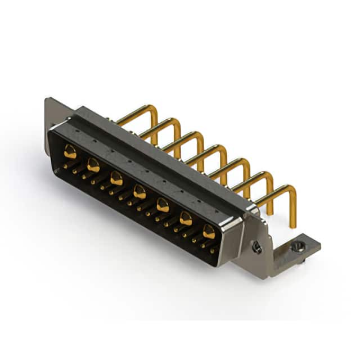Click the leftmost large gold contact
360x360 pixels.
70,151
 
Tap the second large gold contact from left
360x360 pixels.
93,165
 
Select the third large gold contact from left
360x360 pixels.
116,179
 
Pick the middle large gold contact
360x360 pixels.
139,192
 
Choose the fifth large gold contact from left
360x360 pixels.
163,205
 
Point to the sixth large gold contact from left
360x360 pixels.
186,218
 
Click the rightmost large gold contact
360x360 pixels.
209,231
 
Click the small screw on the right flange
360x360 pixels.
256,247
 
